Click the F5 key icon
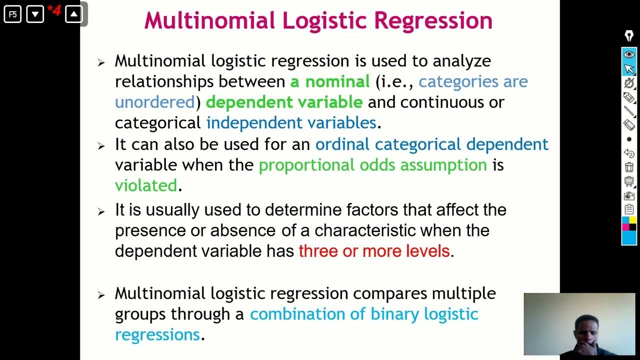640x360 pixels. (12, 14)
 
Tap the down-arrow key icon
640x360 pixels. (35, 14)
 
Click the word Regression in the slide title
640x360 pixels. (433, 21)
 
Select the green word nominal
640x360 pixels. (337, 81)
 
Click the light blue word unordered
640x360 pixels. (154, 102)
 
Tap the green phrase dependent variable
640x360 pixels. (284, 102)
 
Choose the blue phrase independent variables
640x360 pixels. (291, 123)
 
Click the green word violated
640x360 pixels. (146, 185)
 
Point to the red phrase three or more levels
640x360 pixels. (374, 251)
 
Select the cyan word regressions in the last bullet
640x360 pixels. (157, 334)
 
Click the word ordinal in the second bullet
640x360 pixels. (342, 144)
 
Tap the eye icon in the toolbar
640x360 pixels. (629, 54)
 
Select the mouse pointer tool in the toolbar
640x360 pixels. (629, 68)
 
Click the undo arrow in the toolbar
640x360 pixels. (629, 153)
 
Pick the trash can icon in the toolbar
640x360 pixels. (629, 167)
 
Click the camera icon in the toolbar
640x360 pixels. (629, 195)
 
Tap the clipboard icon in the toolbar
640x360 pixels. (629, 209)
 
